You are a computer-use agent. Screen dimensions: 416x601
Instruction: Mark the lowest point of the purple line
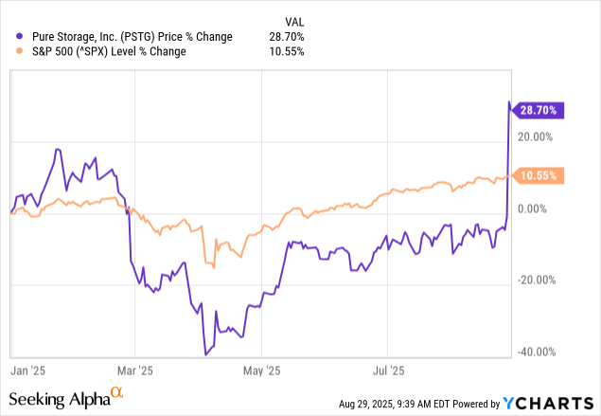click(206, 354)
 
